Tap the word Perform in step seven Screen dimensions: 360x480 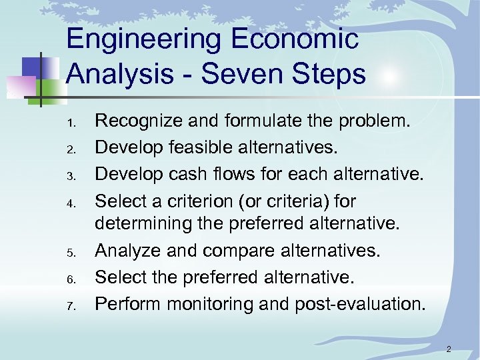point(127,304)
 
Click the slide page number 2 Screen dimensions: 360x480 point(449,349)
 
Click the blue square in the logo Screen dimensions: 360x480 point(33,67)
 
